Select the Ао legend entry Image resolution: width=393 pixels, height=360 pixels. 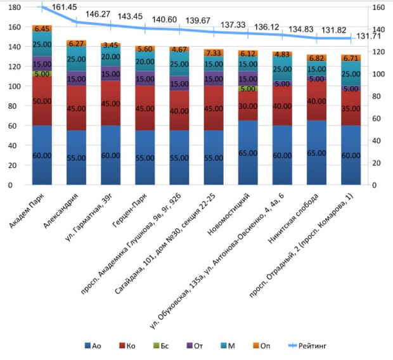click(x=93, y=346)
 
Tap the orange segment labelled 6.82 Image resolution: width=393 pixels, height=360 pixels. click(x=316, y=58)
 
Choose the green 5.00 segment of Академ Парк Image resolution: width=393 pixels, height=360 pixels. click(x=42, y=74)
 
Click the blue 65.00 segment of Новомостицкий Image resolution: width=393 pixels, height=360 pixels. click(x=248, y=153)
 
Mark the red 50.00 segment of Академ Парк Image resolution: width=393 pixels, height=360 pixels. click(x=42, y=101)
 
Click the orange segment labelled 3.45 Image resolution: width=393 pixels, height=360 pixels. click(x=110, y=46)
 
